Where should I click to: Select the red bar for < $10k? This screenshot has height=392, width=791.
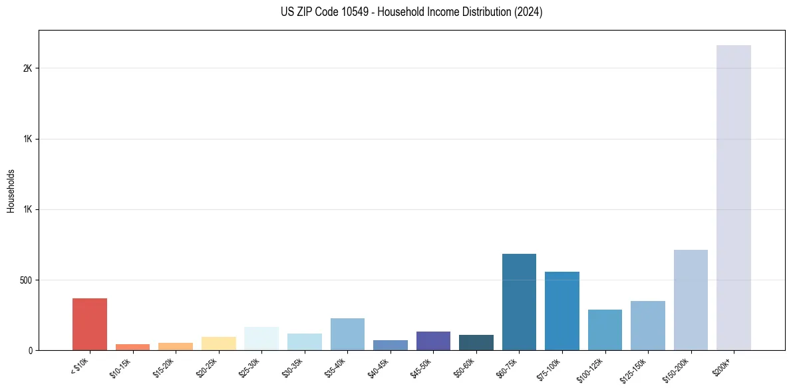tap(90, 324)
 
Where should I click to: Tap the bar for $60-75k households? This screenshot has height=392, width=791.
tap(519, 302)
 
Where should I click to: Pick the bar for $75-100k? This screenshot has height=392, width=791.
tap(562, 311)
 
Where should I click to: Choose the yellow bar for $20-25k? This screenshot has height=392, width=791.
tap(218, 343)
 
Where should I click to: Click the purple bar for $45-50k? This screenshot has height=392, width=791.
tap(433, 341)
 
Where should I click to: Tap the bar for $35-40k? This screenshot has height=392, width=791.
tap(347, 334)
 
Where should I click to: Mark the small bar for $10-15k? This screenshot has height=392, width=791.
tap(132, 347)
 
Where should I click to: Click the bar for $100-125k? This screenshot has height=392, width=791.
tap(605, 330)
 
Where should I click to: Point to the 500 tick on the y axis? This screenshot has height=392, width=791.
tap(27, 280)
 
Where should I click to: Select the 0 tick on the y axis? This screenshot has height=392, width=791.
tap(31, 350)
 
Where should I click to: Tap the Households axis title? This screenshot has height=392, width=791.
tap(11, 191)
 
